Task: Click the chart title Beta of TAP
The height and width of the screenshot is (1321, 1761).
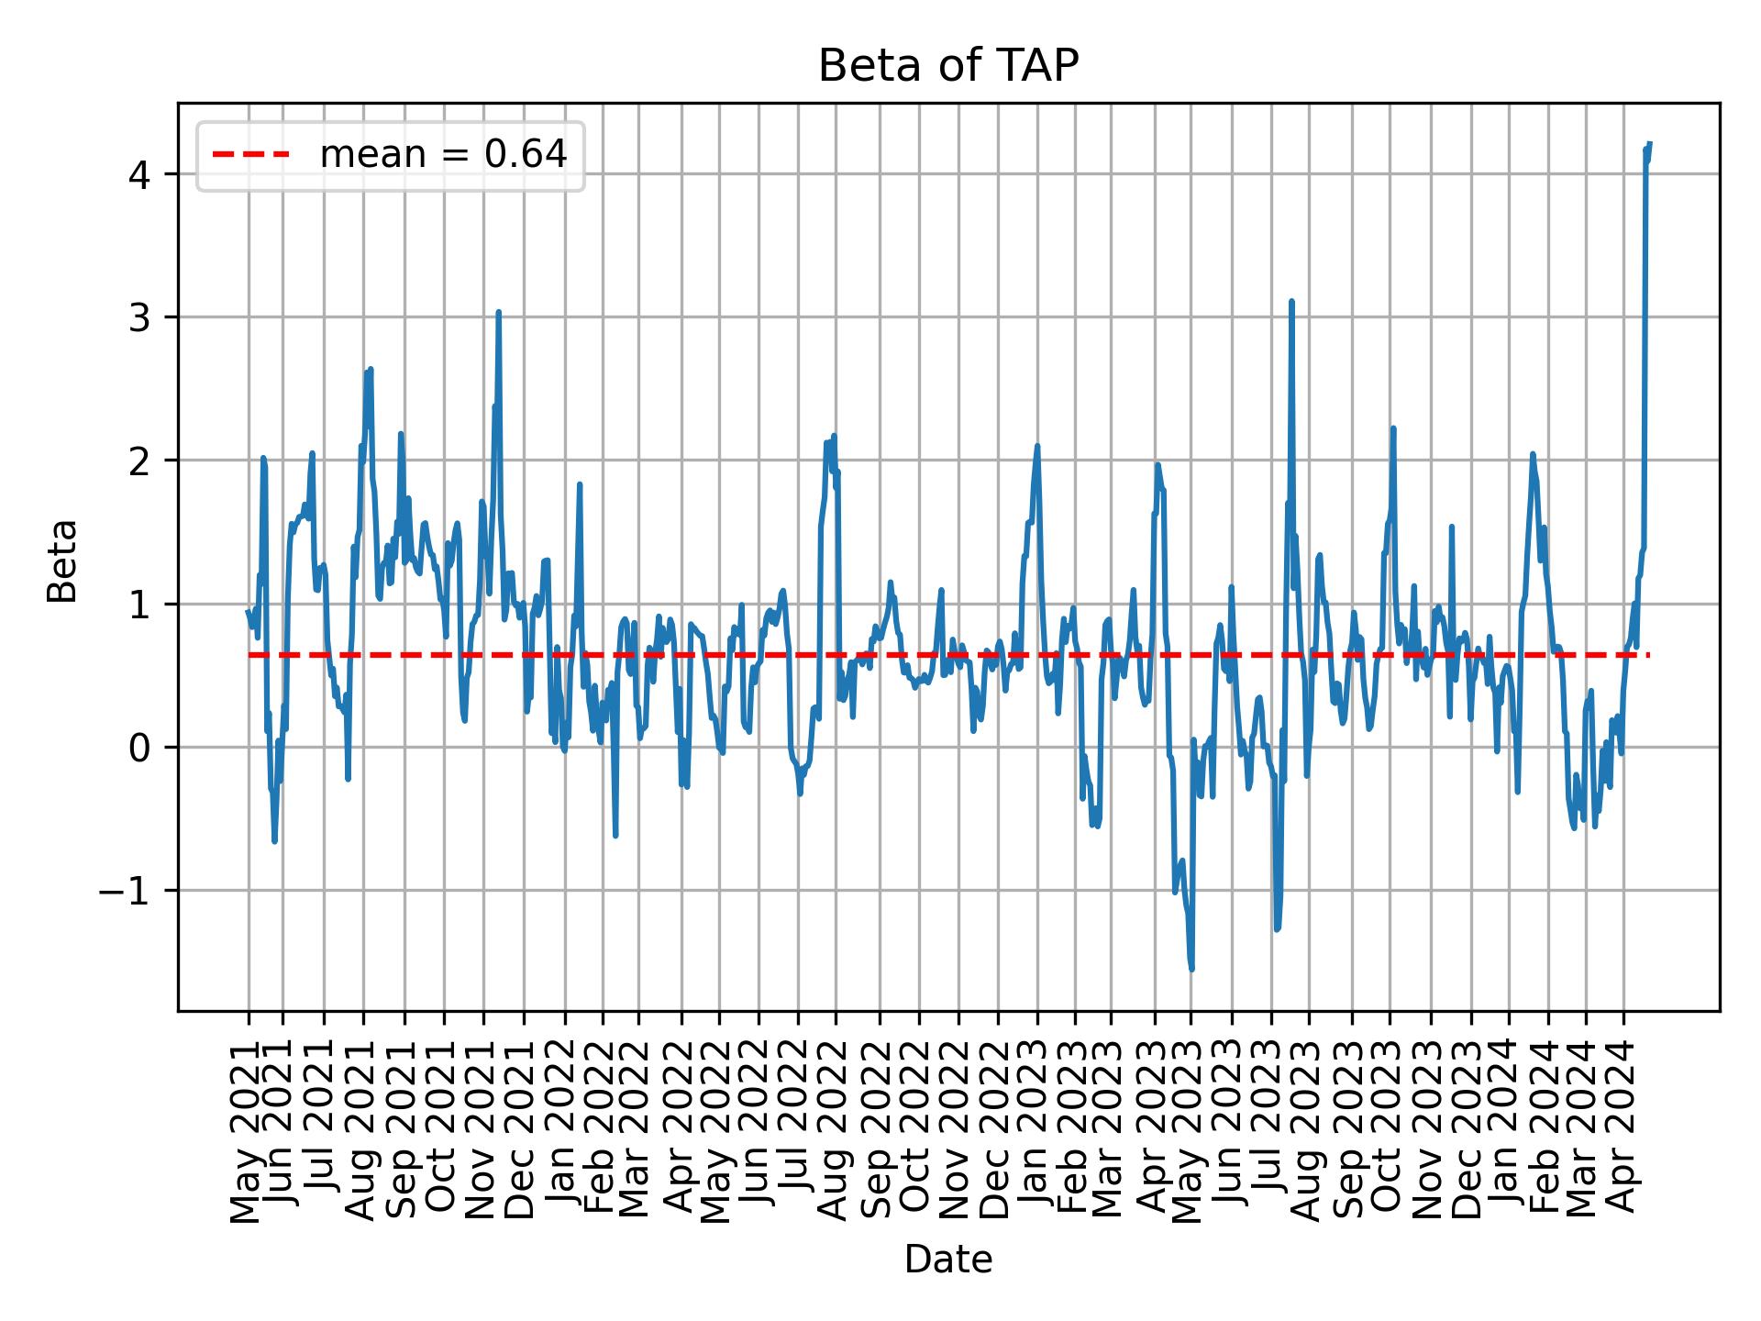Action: coord(947,66)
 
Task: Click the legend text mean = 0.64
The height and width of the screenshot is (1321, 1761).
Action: coord(443,155)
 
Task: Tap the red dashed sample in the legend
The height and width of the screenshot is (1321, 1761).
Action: coord(251,155)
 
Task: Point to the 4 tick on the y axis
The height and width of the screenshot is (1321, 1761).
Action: coord(139,174)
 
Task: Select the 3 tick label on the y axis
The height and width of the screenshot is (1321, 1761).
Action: coord(139,317)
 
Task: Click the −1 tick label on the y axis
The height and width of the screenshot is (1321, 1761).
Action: coord(125,891)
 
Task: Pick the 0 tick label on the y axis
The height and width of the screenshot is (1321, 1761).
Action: coord(139,748)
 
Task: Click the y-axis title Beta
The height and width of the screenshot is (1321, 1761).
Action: coord(62,560)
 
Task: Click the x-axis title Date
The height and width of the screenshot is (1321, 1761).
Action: coord(947,1260)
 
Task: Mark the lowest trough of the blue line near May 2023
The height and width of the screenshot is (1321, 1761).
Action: coord(1191,969)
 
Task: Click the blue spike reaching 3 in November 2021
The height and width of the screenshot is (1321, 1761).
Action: coord(498,313)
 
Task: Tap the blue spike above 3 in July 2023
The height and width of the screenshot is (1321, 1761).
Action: coord(1291,302)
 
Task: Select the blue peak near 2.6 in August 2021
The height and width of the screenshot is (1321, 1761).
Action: coord(370,370)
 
